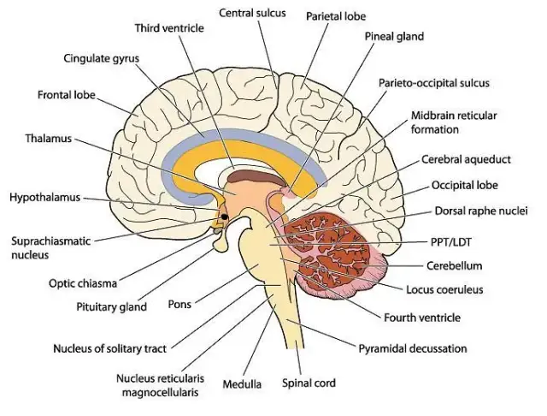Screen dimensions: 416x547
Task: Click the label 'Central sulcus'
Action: pos(252,14)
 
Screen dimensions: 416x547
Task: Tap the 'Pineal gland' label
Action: pos(394,37)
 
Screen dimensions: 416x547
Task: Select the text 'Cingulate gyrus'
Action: pos(101,59)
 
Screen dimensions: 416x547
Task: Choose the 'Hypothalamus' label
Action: pos(44,197)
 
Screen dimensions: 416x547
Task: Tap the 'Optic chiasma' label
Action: pos(84,282)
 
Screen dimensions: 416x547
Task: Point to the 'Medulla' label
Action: pos(243,383)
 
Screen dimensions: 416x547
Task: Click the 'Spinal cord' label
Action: pos(309,383)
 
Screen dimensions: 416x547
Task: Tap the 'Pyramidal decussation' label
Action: pos(413,348)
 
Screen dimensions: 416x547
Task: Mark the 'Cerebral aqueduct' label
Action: pos(467,160)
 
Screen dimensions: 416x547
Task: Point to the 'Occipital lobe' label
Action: pos(464,185)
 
